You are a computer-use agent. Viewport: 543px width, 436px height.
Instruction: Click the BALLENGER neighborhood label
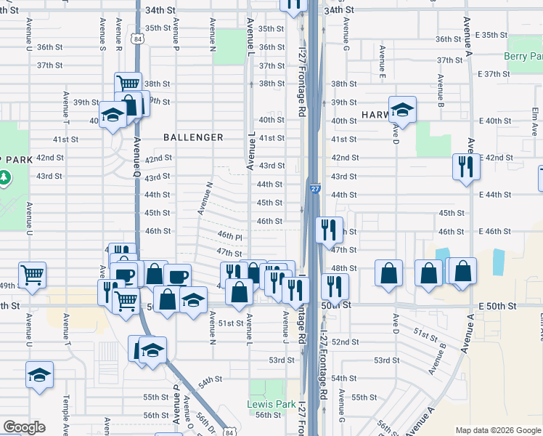point(193,137)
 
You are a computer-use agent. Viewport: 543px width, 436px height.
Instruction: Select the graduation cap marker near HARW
point(402,110)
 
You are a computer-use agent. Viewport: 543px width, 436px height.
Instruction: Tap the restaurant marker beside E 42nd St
point(463,166)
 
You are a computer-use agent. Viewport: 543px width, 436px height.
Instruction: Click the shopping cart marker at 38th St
point(128,85)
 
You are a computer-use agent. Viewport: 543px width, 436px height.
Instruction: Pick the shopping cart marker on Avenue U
point(33,275)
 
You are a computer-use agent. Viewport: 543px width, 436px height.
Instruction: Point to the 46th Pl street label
point(229,236)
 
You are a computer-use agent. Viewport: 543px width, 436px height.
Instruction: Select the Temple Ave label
point(65,410)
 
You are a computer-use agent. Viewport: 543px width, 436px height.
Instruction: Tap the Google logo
point(24,427)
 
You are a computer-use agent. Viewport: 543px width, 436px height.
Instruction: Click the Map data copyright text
point(498,430)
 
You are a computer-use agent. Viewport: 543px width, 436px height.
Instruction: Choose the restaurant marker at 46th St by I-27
point(330,230)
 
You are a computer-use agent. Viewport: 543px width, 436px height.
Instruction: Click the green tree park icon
point(4,177)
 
